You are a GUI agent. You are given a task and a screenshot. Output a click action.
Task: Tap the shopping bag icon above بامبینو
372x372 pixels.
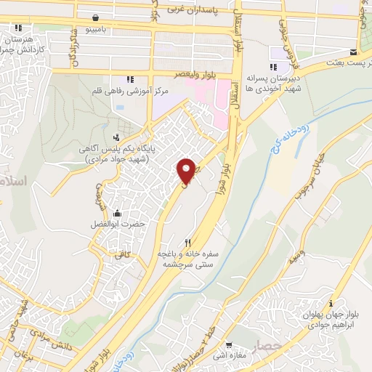tap(97, 17)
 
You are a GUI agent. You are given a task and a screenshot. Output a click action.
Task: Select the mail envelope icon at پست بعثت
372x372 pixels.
tap(352, 52)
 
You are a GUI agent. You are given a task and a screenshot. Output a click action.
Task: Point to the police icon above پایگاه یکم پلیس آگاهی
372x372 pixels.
tap(116, 137)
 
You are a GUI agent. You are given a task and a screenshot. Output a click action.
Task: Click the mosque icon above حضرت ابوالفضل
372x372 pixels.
tap(116, 213)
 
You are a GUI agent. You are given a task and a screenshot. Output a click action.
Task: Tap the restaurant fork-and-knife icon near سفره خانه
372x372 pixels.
tap(188, 243)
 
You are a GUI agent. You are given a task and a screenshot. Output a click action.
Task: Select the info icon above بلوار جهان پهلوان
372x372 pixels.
tap(331, 303)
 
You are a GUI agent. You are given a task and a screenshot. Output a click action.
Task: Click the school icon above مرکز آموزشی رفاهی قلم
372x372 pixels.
tap(131, 79)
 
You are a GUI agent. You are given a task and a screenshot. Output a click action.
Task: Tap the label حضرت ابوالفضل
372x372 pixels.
tap(116, 225)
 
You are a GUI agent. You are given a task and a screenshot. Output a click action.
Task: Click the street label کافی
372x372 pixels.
tap(118, 256)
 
